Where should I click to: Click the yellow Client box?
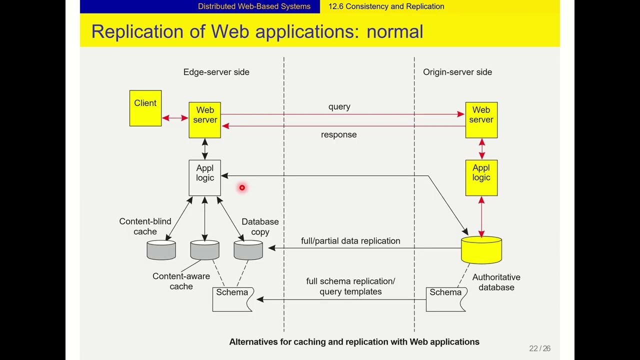(145, 108)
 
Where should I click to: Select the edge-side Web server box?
(204, 120)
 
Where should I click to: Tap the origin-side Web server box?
(481, 120)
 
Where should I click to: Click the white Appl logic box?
(204, 177)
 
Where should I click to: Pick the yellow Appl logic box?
(481, 177)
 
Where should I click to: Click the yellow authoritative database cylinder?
(481, 250)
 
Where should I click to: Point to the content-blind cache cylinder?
(161, 250)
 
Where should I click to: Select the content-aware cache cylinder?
(204, 250)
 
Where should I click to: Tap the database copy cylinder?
(248, 250)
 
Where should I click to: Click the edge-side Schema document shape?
(232, 299)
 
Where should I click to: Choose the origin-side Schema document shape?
(446, 299)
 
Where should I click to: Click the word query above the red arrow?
(339, 107)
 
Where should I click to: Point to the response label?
(338, 134)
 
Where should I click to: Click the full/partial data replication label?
(350, 241)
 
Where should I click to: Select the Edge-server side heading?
(216, 72)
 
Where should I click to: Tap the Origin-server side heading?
(457, 72)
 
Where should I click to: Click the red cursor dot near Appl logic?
(242, 187)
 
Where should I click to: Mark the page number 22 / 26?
(539, 348)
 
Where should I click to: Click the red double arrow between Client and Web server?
(175, 118)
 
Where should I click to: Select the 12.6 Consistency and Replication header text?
(386, 6)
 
